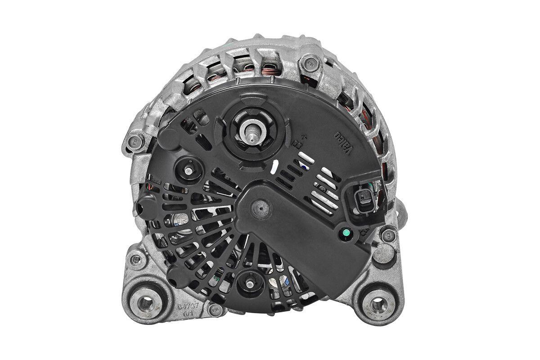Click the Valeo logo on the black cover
point(343,143)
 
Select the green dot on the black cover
point(346,233)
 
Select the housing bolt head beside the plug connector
point(387,235)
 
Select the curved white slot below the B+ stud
point(274,166)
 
